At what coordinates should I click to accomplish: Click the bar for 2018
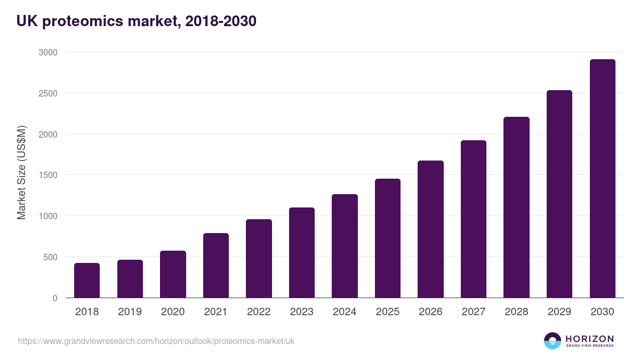[x=87, y=281]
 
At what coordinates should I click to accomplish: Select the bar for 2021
[x=216, y=266]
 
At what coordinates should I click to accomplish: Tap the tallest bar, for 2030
[x=602, y=179]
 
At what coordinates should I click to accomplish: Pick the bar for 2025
[x=388, y=238]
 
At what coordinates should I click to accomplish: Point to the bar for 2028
[x=516, y=207]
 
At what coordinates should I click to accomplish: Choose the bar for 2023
[x=302, y=253]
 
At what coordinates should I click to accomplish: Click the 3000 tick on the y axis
[x=47, y=52]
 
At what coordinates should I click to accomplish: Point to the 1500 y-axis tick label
[x=47, y=175]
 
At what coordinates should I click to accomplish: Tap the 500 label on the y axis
[x=50, y=257]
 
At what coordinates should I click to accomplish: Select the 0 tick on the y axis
[x=55, y=298]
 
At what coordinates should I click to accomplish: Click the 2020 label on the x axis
[x=173, y=312]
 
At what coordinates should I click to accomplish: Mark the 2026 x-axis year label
[x=430, y=312]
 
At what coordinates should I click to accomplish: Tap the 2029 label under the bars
[x=559, y=312]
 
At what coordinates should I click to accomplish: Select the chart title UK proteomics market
[x=137, y=21]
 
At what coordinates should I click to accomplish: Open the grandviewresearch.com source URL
[x=156, y=341]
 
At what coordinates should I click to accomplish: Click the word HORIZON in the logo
[x=589, y=338]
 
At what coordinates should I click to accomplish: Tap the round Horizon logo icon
[x=553, y=341]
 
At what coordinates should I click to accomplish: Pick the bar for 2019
[x=130, y=279]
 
